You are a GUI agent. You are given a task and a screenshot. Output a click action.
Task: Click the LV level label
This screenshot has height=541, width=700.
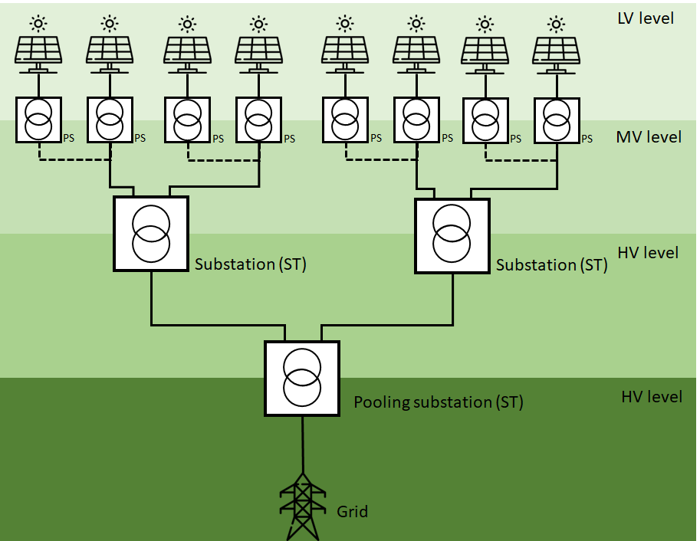(x=646, y=18)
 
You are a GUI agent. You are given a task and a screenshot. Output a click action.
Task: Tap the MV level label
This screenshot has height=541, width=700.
(x=649, y=137)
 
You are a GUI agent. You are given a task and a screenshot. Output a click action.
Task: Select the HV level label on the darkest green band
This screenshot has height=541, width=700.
(x=651, y=397)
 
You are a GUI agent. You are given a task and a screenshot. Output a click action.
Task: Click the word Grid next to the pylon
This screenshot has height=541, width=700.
(x=352, y=511)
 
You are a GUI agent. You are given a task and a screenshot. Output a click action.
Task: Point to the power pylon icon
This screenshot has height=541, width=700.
(x=303, y=507)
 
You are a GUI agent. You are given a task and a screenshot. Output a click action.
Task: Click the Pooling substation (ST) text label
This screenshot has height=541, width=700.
(x=438, y=402)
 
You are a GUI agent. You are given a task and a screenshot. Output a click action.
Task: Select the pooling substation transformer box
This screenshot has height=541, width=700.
(x=302, y=379)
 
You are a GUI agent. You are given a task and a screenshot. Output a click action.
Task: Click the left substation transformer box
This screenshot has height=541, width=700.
(x=151, y=234)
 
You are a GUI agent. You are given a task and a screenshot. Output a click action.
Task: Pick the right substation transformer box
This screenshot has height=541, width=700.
(x=452, y=235)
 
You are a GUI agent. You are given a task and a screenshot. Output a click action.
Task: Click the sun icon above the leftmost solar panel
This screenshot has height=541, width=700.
(x=38, y=22)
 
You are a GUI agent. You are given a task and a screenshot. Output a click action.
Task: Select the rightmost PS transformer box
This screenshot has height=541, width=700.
(x=557, y=120)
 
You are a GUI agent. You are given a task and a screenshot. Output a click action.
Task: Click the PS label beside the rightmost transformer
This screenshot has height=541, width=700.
(x=587, y=139)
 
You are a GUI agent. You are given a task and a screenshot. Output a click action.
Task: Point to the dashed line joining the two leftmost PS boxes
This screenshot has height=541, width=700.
(x=75, y=160)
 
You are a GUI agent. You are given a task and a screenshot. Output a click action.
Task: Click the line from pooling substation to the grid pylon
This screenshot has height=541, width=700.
(x=303, y=444)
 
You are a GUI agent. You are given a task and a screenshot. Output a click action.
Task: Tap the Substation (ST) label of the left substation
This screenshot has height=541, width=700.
(x=251, y=264)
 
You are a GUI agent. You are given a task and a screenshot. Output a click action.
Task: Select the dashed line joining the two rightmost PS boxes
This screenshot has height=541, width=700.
(x=521, y=160)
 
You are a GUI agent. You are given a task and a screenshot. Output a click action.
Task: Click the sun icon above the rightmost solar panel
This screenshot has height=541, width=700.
(x=557, y=23)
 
